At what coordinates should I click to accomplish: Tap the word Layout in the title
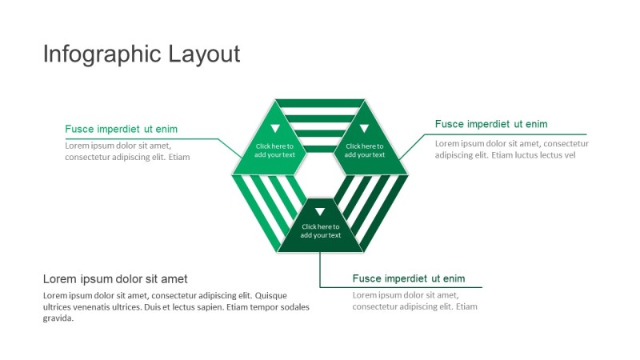click(x=204, y=54)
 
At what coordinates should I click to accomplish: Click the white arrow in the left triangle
click(x=275, y=129)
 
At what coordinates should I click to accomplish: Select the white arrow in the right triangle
click(x=365, y=129)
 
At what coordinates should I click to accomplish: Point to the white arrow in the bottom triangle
click(x=320, y=212)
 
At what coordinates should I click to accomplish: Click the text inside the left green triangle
click(x=274, y=150)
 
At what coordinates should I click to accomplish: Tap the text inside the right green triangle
click(x=365, y=150)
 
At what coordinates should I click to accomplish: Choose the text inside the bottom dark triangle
click(x=321, y=230)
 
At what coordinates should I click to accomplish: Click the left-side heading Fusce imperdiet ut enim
click(x=122, y=129)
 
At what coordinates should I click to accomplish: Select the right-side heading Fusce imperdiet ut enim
click(x=491, y=124)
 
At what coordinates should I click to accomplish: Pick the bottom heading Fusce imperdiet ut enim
click(x=409, y=278)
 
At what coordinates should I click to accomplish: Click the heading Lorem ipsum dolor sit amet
click(x=115, y=278)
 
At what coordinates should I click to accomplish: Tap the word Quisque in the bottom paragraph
click(x=270, y=295)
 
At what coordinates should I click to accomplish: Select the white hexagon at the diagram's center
click(x=320, y=175)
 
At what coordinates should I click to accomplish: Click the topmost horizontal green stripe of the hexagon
click(x=320, y=103)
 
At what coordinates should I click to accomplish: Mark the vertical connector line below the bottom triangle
click(x=320, y=270)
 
